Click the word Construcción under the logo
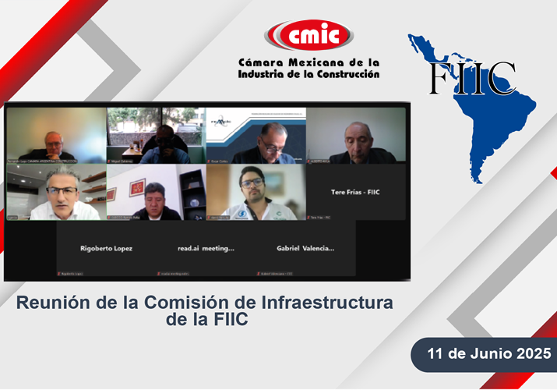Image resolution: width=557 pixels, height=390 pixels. tap(343, 74)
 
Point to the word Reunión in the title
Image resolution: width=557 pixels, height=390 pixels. tap(52, 302)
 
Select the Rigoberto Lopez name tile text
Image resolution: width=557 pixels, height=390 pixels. tap(106, 248)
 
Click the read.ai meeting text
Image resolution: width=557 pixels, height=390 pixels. tap(206, 248)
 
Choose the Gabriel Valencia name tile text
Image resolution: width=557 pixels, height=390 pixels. tap(305, 248)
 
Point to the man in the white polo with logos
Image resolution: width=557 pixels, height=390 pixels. tap(253, 195)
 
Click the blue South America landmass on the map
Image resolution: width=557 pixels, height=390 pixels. tap(507, 133)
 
